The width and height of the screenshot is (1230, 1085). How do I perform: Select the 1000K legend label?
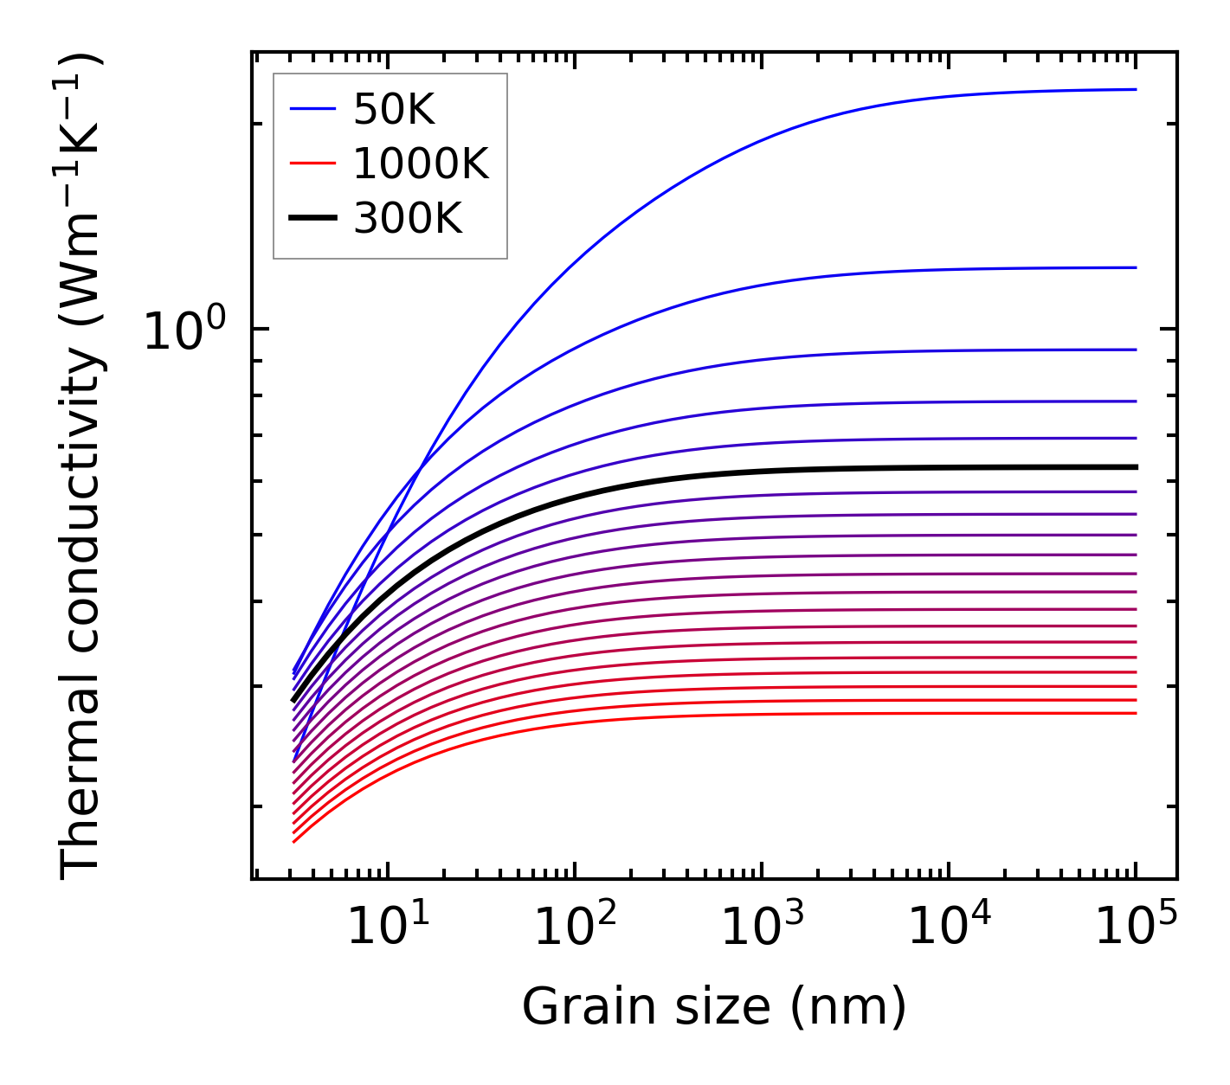click(421, 164)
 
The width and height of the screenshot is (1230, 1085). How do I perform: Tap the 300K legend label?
click(408, 219)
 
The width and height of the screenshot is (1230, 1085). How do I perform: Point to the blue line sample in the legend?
click(312, 109)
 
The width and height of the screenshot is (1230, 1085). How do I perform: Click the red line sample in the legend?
click(312, 164)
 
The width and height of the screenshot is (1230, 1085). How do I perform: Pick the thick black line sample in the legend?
click(312, 219)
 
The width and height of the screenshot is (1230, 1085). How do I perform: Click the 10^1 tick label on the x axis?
click(387, 928)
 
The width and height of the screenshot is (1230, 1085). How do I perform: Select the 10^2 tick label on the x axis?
click(575, 928)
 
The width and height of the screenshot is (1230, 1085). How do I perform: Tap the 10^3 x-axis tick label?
click(762, 928)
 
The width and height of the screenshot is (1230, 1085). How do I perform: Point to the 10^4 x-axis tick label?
click(949, 928)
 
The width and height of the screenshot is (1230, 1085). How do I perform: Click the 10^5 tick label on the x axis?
click(1136, 928)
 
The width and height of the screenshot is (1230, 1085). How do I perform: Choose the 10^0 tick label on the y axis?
click(184, 331)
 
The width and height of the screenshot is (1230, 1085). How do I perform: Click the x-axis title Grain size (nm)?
click(714, 1007)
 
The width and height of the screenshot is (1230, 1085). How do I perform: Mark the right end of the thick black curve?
click(1135, 467)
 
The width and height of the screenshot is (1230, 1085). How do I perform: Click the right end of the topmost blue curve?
click(1135, 89)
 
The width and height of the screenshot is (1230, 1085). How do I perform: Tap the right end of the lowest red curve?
click(1135, 713)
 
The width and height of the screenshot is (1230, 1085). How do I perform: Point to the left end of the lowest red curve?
click(294, 841)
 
